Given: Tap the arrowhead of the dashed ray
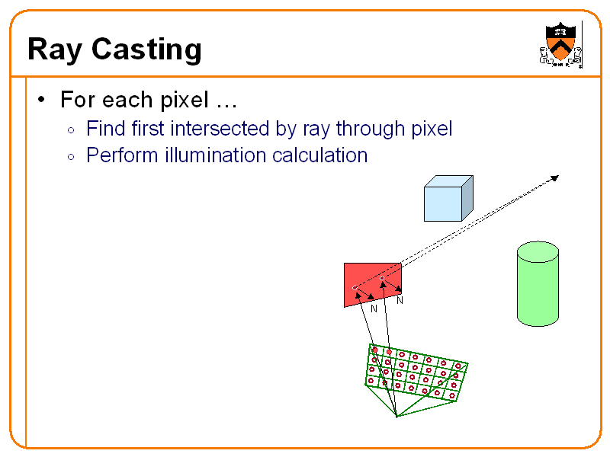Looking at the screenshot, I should tap(554, 178).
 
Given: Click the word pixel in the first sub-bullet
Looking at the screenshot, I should tap(432, 129).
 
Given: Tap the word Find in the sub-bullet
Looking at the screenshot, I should tap(104, 129).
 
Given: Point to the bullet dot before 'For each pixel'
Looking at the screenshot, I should tap(43, 100).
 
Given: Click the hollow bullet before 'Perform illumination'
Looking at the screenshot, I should tap(71, 157).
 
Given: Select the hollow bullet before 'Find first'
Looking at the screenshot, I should tap(71, 130).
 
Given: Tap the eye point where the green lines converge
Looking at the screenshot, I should tap(397, 417).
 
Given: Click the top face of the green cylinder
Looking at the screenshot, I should tap(538, 251).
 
